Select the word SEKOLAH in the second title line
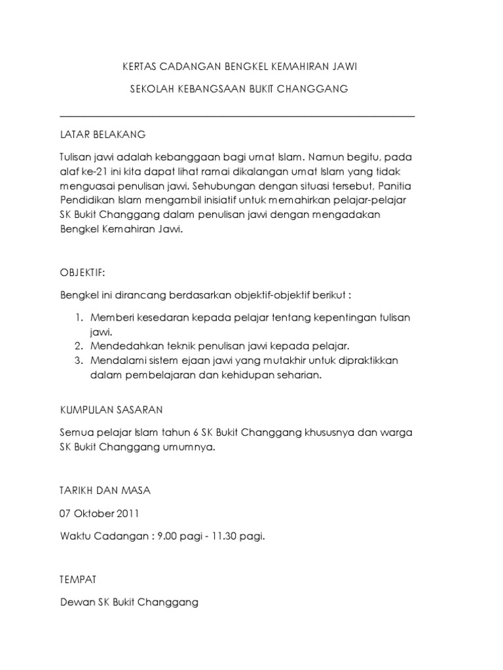pos(150,89)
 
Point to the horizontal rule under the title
pos(237,117)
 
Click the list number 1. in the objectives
pos(78,317)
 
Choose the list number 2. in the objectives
pos(78,345)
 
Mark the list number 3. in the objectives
pos(78,361)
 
